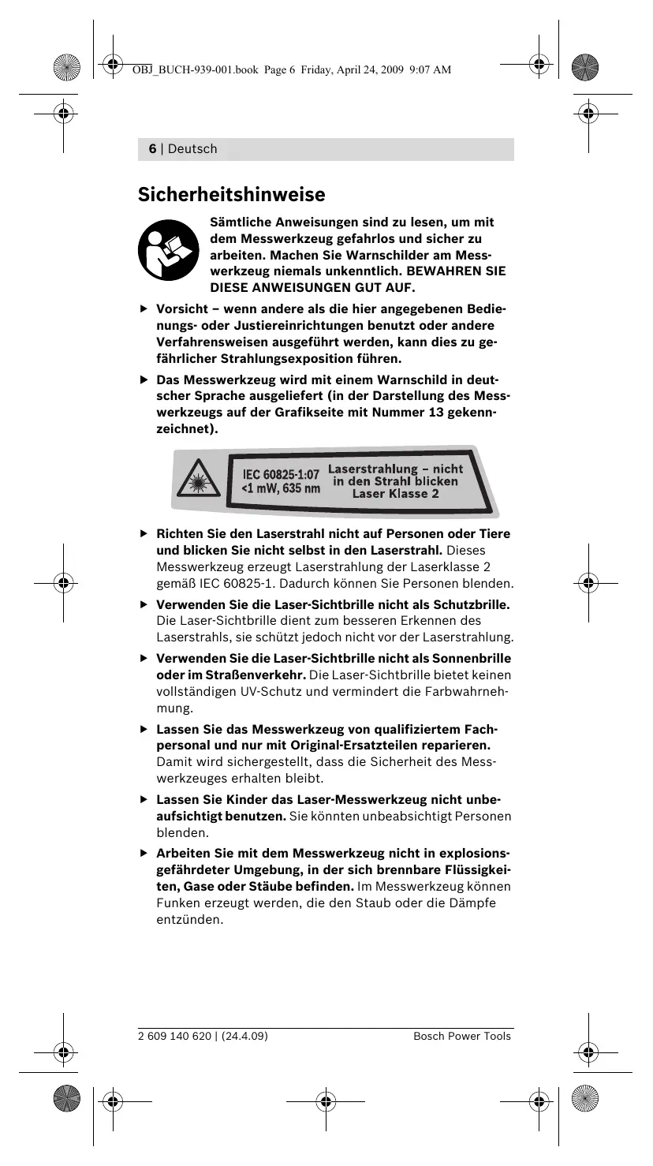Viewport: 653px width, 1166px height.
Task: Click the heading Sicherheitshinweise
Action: click(x=232, y=193)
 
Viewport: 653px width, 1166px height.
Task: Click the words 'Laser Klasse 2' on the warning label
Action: click(x=395, y=494)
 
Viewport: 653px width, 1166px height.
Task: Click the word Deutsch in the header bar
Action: click(x=192, y=149)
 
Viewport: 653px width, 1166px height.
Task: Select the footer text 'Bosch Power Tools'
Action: click(x=462, y=1036)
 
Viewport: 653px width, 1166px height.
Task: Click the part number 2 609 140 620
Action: click(x=174, y=1036)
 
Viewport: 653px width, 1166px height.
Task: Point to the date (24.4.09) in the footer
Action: click(x=244, y=1036)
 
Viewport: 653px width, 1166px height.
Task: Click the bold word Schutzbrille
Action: click(x=471, y=605)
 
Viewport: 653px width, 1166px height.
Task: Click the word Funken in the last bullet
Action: click(x=175, y=903)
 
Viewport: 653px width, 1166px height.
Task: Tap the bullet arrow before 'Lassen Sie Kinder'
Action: click(x=144, y=799)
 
